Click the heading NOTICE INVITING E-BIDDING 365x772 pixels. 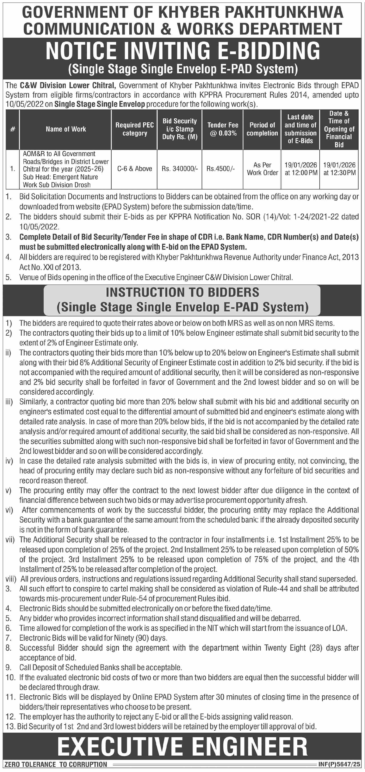[x=182, y=51]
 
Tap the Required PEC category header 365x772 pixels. [x=134, y=129]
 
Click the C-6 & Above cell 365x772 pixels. [x=134, y=169]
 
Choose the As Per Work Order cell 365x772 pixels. [x=262, y=169]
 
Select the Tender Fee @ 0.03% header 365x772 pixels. [x=223, y=129]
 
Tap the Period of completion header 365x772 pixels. [x=262, y=129]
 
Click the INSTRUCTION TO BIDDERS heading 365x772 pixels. [x=182, y=292]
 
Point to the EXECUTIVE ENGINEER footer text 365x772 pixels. [x=182, y=747]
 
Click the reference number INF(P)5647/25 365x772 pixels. [x=339, y=764]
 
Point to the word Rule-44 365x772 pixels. [x=275, y=589]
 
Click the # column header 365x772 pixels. [x=13, y=129]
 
